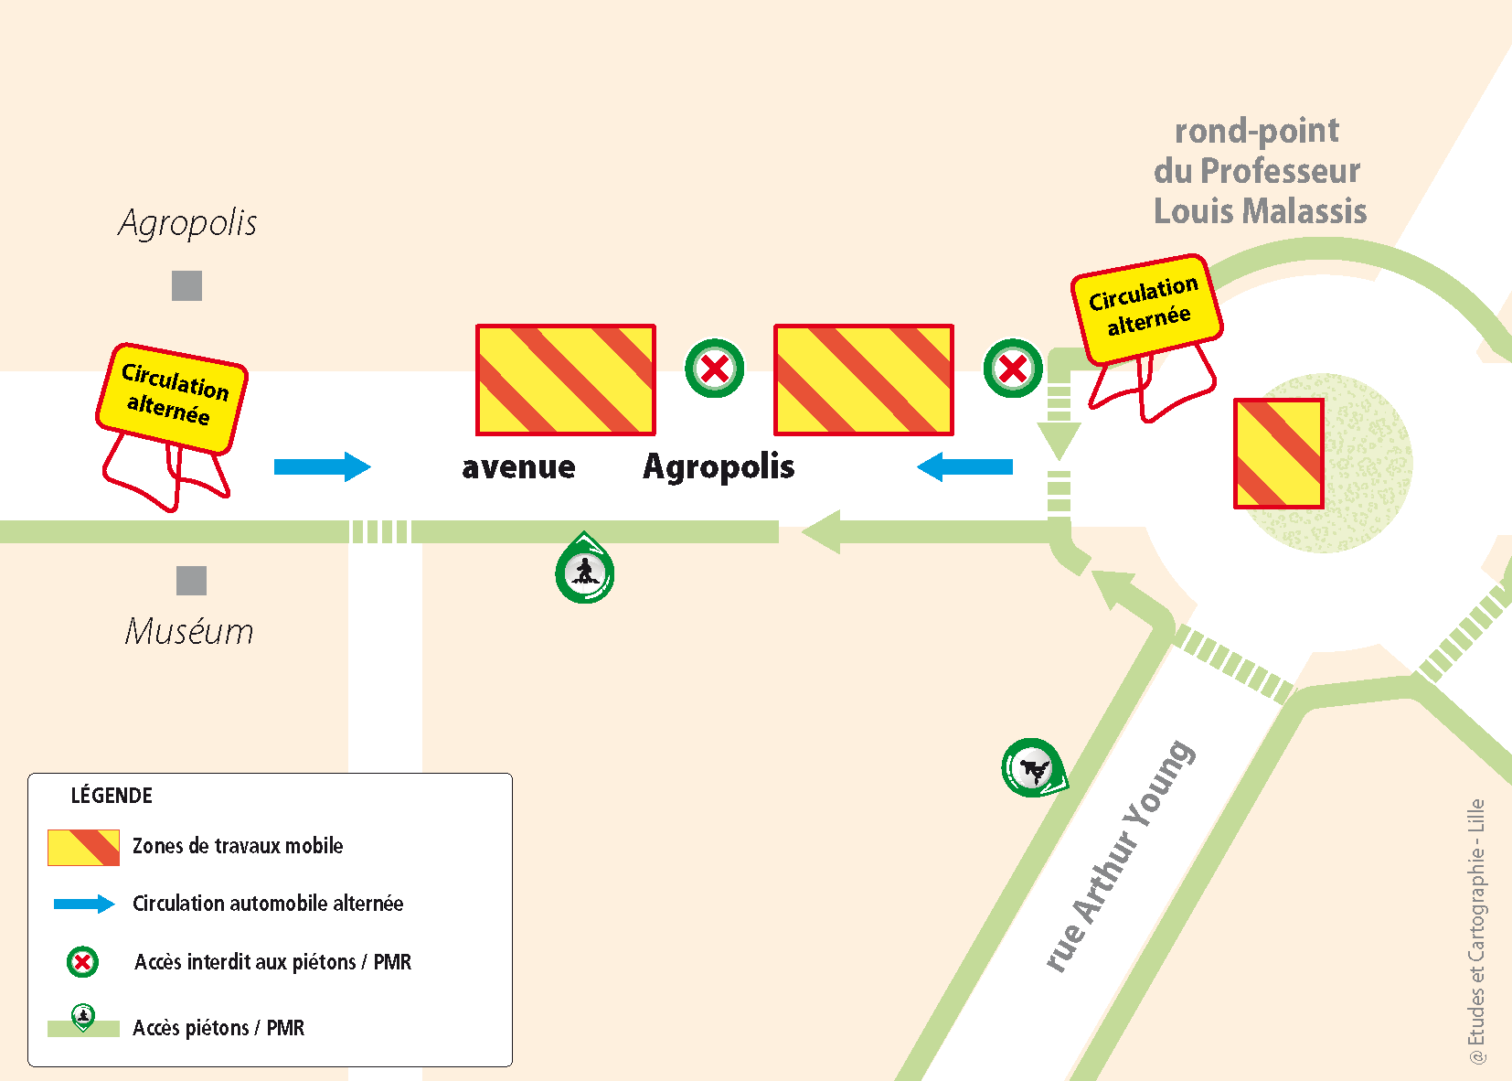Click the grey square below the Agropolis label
pos(186,286)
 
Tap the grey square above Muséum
pos(191,581)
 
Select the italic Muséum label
pos(189,631)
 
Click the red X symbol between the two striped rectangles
pos(715,369)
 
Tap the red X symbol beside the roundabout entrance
pos(1013,369)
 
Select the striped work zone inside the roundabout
pos(1279,454)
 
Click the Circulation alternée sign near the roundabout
pos(1146,308)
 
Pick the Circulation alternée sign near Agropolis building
pos(172,398)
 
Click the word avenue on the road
pos(518,467)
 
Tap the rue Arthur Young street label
pos(1119,856)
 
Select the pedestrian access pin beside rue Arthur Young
pos(1033,768)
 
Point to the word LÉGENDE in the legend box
pos(112,796)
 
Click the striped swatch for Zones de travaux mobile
pos(83,848)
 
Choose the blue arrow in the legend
pos(84,904)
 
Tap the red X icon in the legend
pos(82,962)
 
